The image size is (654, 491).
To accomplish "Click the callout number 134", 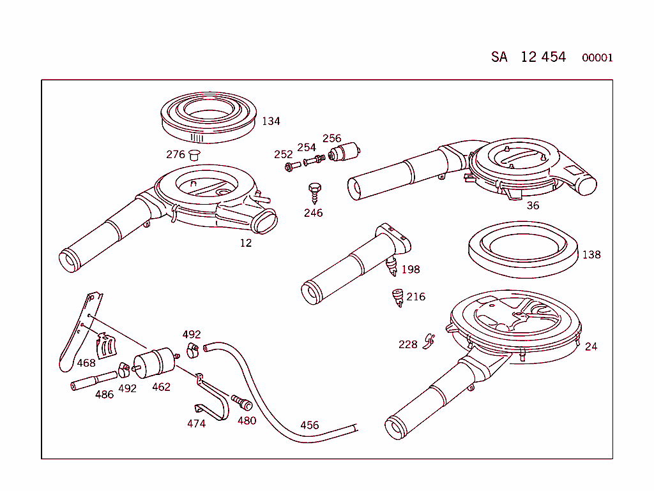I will point(271,121).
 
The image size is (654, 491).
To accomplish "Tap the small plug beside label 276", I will point(194,154).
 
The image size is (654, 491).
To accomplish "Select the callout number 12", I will point(246,243).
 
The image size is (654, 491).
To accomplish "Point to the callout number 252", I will point(283,154).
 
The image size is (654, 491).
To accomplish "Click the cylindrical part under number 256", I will point(345,154).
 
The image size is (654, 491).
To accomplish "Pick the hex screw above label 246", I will point(314,191).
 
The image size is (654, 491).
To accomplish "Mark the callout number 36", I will point(533,205).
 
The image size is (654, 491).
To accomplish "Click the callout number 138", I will point(591,254).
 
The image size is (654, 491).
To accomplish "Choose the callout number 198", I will point(410,269).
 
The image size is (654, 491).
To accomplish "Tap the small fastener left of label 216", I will point(397,297).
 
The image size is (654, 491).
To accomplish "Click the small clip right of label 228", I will point(429,342).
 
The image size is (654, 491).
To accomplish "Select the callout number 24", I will point(591,346).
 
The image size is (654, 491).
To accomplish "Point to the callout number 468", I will point(86,363).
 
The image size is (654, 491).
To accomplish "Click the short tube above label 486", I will point(93,381).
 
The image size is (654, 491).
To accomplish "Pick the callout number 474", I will point(196,423).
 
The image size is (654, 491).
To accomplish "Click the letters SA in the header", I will point(499,57).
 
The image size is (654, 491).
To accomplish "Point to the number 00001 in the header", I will point(597,58).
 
